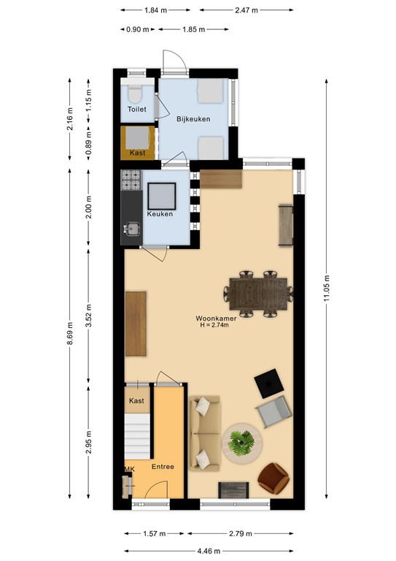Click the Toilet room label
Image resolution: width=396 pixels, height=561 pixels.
pos(137,109)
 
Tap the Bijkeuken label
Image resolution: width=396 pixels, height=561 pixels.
pos(193,119)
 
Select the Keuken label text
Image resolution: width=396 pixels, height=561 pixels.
pos(160,214)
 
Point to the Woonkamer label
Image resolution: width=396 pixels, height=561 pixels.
pos(216,318)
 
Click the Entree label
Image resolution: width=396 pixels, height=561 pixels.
pos(163,467)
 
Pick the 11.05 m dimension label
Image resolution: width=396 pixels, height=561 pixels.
pos(327,289)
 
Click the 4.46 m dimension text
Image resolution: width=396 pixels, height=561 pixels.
pos(209,551)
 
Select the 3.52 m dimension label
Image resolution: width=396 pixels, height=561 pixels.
pos(89,316)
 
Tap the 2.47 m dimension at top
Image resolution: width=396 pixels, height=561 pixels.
pos(246,10)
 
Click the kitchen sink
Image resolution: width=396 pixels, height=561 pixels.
pos(132,228)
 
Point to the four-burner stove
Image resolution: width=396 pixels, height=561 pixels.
pos(131,180)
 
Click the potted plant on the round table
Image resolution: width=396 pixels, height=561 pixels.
pos(242,443)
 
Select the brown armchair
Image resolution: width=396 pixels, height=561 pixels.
pos(273,478)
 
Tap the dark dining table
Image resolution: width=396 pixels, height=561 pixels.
pos(258,294)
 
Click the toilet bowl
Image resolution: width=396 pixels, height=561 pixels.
pos(135,94)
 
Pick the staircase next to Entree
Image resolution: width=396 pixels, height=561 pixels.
pos(138,437)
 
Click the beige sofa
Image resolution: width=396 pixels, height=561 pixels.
pos(204,433)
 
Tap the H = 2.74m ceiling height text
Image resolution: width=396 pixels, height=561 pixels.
pos(214,325)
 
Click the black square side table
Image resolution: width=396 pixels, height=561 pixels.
pos(269,383)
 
